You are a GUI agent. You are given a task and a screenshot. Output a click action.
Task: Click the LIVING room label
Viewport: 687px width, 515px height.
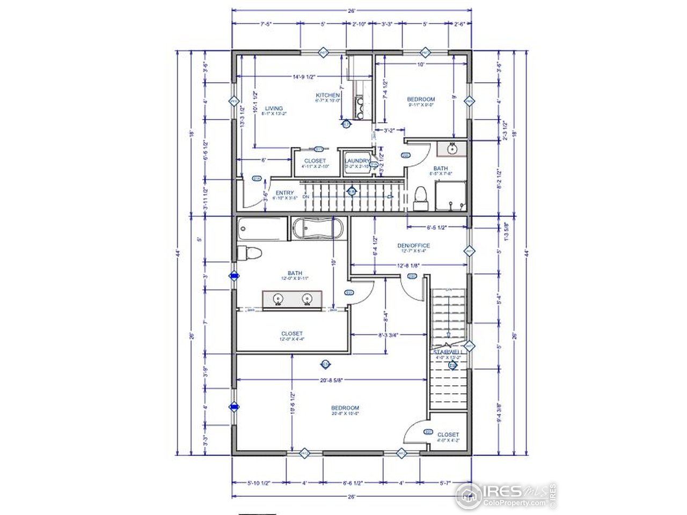274,108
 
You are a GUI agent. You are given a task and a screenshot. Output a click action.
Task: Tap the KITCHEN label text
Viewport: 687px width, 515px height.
328,95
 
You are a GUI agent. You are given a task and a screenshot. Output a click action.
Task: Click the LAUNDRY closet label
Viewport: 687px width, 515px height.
357,161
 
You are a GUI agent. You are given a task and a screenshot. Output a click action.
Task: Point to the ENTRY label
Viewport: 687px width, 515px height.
284,193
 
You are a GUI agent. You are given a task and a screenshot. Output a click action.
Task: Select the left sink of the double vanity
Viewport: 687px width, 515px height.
279,299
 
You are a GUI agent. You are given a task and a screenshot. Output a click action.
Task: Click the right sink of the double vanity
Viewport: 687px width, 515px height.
307,299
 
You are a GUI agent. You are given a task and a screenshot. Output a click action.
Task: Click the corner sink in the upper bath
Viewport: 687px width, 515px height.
450,149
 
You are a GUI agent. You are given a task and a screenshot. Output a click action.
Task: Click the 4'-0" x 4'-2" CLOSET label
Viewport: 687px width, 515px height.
448,435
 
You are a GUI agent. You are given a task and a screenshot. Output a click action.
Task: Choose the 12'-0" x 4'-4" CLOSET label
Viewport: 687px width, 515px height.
291,334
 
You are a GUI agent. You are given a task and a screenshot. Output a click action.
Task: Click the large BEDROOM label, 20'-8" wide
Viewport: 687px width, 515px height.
345,408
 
